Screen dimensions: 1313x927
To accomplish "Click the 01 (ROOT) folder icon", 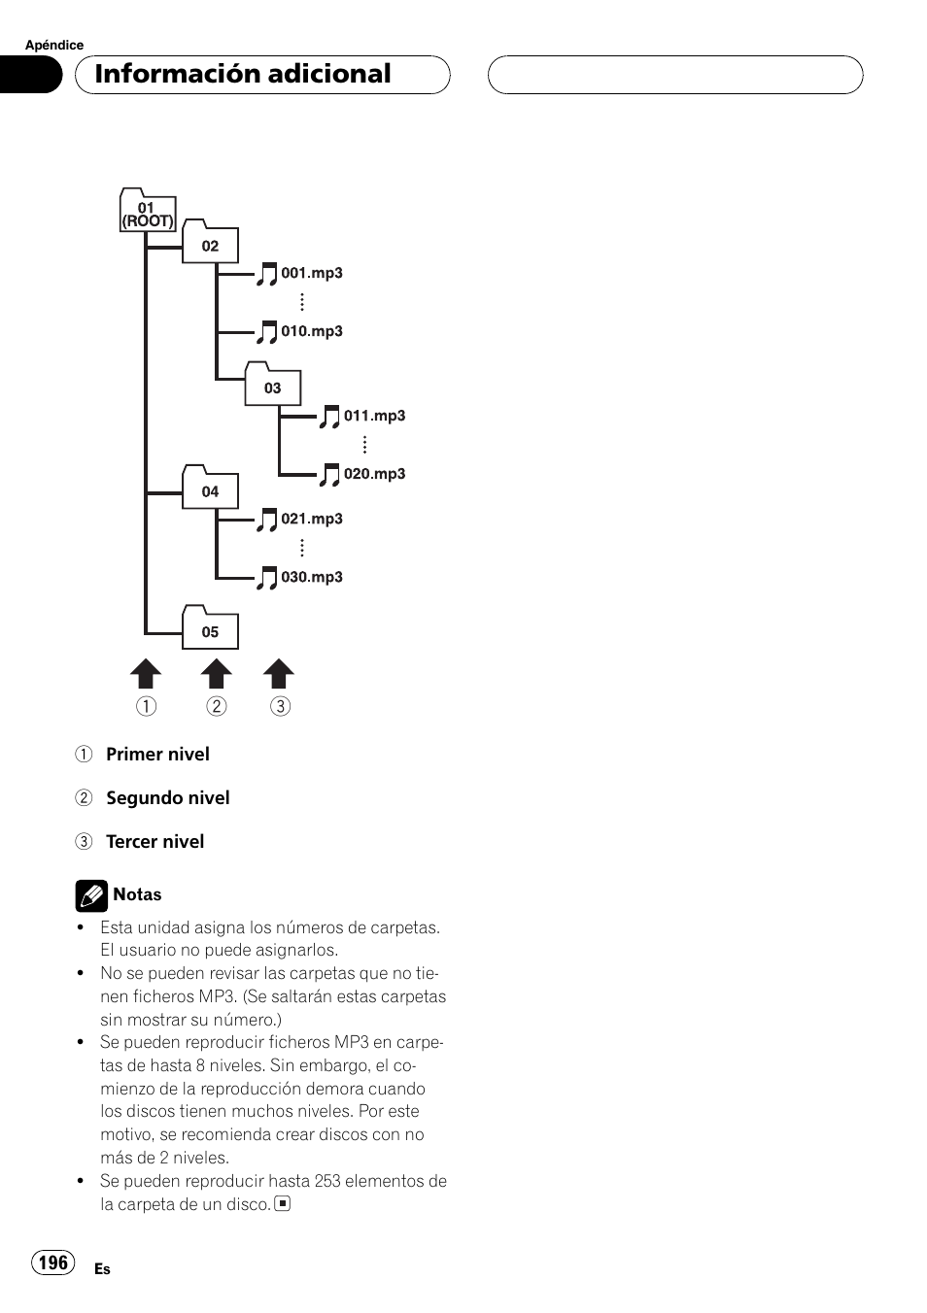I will [148, 212].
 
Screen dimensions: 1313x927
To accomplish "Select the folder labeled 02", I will [210, 243].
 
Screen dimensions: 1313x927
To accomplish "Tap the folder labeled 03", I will [272, 385].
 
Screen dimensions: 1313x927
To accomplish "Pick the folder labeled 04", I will [210, 488].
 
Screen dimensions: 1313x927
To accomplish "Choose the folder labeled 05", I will [210, 628].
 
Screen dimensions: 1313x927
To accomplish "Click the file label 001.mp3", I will [312, 273].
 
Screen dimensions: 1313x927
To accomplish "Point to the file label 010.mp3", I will [312, 331].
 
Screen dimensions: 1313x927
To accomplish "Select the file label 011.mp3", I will [374, 416].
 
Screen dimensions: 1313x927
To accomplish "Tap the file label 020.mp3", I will [374, 474].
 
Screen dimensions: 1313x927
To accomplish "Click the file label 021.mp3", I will [312, 519].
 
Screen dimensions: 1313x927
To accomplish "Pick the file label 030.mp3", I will [312, 577].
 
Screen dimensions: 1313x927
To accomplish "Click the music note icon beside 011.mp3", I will [329, 418].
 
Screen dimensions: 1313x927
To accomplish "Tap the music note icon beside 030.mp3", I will [266, 579].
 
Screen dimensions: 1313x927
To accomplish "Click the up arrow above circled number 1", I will [146, 674].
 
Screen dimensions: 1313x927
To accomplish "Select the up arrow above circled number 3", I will [279, 674].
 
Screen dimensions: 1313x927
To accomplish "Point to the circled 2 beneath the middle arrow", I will [217, 706].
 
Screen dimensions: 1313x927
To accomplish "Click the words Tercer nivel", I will [154, 842].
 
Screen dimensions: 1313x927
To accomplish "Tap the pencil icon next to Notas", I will [91, 895].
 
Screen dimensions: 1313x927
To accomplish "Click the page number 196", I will [53, 1262].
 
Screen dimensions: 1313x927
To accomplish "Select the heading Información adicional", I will [243, 74].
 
